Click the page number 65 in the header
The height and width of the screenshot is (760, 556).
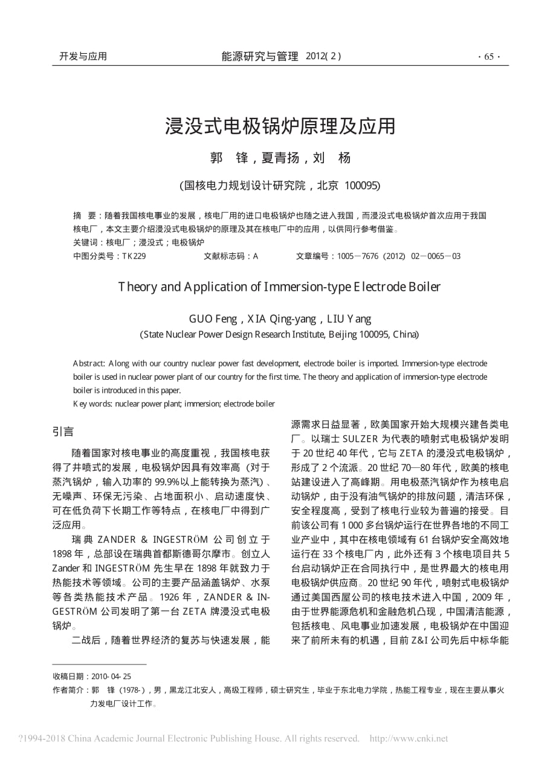click(x=489, y=57)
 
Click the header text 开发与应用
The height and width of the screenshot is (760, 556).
click(x=83, y=56)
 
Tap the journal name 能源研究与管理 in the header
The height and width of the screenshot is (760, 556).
click(x=260, y=56)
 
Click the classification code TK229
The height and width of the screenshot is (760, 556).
click(x=134, y=256)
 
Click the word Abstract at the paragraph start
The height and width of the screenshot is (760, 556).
click(x=89, y=363)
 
